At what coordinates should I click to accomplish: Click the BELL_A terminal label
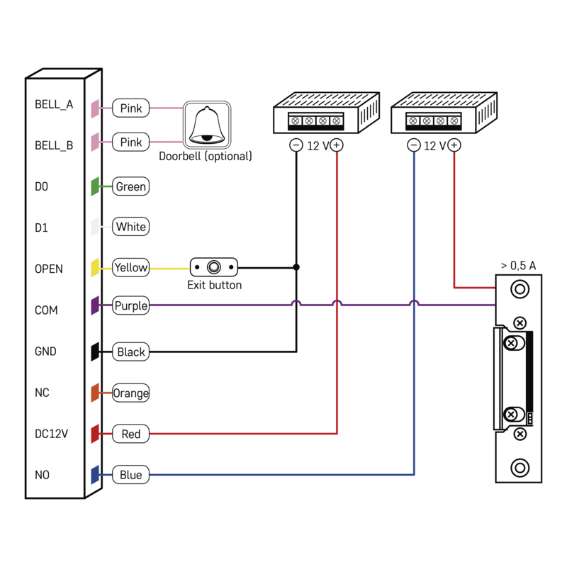click(x=54, y=104)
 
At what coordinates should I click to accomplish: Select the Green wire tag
click(x=131, y=187)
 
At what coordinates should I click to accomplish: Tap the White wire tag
click(x=131, y=228)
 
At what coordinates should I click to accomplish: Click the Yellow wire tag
click(x=131, y=268)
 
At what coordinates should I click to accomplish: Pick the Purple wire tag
click(x=131, y=306)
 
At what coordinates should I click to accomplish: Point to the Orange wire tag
click(x=131, y=393)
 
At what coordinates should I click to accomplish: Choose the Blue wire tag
click(x=131, y=476)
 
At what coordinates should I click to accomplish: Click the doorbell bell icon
click(x=207, y=125)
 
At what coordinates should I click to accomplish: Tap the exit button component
click(x=214, y=268)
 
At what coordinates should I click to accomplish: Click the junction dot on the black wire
click(x=296, y=268)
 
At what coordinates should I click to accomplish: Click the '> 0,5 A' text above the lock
click(x=518, y=265)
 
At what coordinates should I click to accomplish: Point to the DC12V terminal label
click(x=51, y=434)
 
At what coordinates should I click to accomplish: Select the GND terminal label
click(x=45, y=352)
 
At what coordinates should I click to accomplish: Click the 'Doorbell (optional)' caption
click(x=206, y=156)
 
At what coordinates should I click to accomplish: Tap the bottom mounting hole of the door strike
click(x=520, y=468)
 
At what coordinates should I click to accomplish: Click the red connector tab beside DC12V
click(x=95, y=434)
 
